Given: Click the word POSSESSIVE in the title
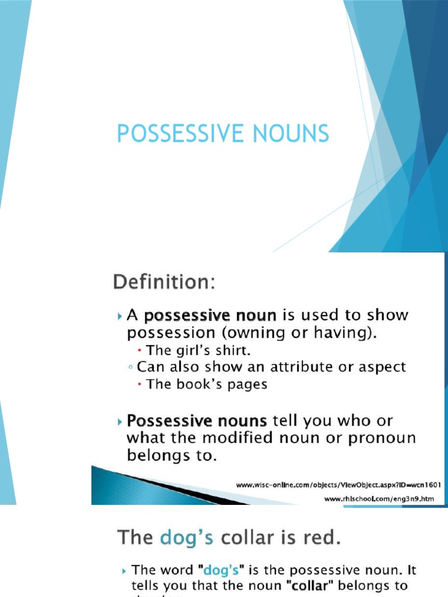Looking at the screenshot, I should pyautogui.click(x=171, y=134).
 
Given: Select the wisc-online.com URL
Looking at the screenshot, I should pyautogui.click(x=338, y=484).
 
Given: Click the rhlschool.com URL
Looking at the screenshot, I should pyautogui.click(x=379, y=499).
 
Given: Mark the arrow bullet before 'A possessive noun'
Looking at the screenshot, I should pyautogui.click(x=120, y=316).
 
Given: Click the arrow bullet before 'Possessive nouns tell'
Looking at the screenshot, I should pyautogui.click(x=120, y=421).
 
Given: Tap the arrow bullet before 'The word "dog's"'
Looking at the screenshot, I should pyautogui.click(x=124, y=570).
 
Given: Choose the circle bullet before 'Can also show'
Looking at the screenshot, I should pyautogui.click(x=129, y=368).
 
